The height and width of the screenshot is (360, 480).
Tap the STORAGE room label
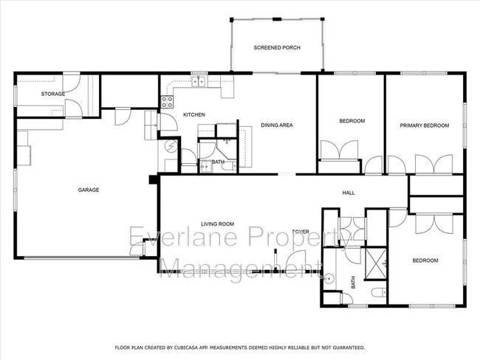click(x=52, y=94)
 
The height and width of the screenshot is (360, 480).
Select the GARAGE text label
click(x=89, y=190)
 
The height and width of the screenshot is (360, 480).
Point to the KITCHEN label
click(x=193, y=114)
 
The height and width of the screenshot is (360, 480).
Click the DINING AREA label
click(x=278, y=125)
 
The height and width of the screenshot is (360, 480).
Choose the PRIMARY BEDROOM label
click(x=425, y=125)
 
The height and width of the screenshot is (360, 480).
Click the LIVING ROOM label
click(x=217, y=224)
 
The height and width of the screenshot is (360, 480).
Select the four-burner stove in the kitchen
click(x=168, y=101)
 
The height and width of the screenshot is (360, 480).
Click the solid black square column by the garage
click(x=151, y=179)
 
